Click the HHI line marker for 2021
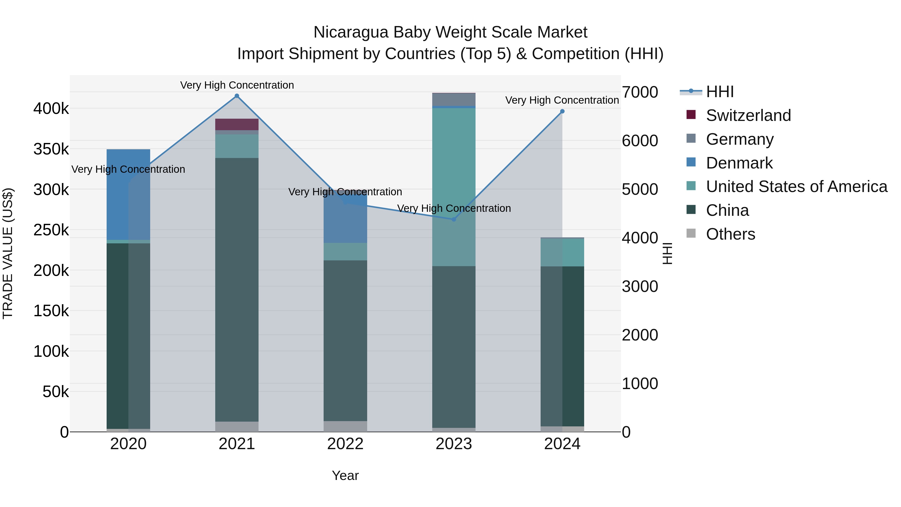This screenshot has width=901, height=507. [x=237, y=96]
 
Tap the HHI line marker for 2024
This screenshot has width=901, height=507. [x=562, y=111]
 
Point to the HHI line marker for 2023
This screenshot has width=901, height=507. [x=454, y=219]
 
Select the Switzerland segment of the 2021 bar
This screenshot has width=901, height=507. [x=237, y=124]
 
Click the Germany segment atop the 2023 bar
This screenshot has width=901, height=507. [x=454, y=99]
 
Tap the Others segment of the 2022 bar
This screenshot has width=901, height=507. [x=345, y=426]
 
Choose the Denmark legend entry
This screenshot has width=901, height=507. [x=739, y=163]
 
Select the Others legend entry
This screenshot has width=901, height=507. [x=730, y=234]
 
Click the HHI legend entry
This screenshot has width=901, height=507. [x=720, y=92]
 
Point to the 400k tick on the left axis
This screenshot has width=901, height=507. [x=51, y=108]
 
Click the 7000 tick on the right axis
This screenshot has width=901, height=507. [x=640, y=92]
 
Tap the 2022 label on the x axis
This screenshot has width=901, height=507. [x=345, y=444]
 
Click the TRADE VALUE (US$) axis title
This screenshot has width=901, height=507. [x=8, y=253]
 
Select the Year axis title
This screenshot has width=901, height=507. [x=345, y=475]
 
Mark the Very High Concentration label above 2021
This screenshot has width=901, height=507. [x=237, y=85]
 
